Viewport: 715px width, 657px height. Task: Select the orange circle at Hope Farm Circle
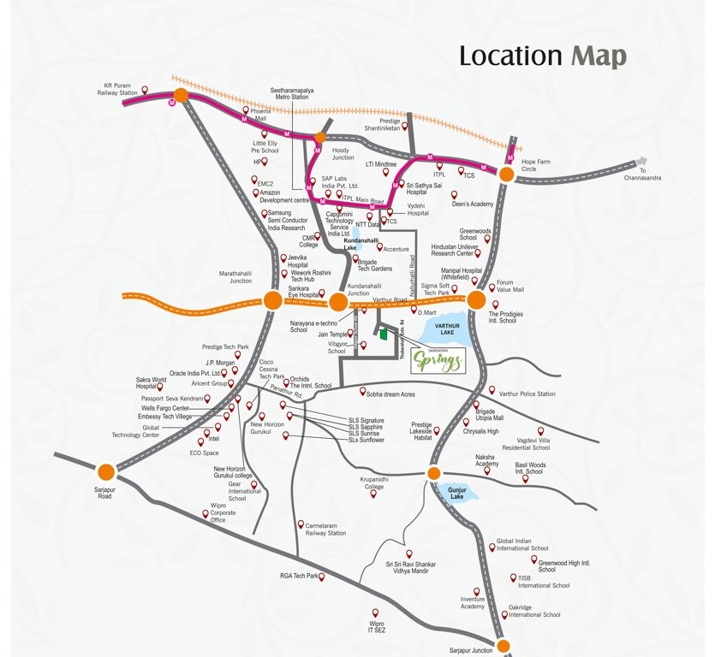click(x=506, y=175)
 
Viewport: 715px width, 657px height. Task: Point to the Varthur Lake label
click(x=448, y=328)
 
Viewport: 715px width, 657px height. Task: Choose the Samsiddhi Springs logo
click(x=439, y=360)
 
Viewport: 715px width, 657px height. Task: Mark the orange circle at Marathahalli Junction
click(x=272, y=300)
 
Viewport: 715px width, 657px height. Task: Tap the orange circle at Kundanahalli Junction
click(x=338, y=302)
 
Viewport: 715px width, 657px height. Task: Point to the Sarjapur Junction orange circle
click(x=503, y=646)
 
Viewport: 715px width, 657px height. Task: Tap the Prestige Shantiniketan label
click(x=378, y=125)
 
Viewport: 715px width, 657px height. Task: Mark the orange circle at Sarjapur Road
click(x=106, y=471)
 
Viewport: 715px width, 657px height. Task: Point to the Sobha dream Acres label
click(x=390, y=395)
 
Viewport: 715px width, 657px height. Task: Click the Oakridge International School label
click(x=534, y=611)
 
